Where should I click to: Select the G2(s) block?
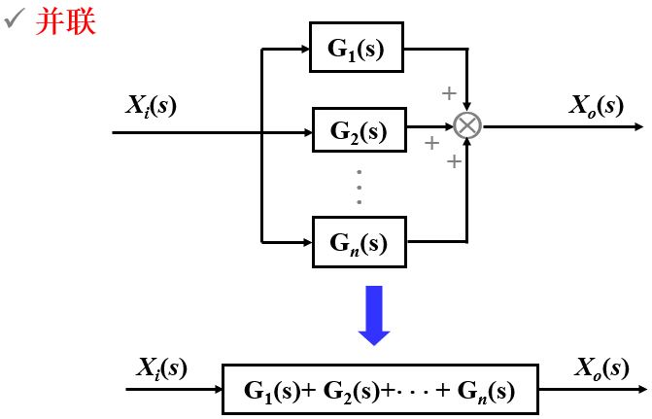click(x=358, y=128)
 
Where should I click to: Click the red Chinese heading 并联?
click(x=66, y=22)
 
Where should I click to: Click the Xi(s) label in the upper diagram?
click(x=153, y=104)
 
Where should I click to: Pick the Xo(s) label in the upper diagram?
click(x=597, y=104)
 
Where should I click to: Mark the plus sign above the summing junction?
click(x=448, y=93)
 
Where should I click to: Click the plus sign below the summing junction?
click(x=453, y=161)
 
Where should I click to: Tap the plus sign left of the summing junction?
click(x=432, y=144)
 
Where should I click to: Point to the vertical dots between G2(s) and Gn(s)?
click(x=359, y=187)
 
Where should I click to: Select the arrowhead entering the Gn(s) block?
click(x=305, y=238)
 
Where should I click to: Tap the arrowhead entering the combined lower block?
click(x=218, y=390)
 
